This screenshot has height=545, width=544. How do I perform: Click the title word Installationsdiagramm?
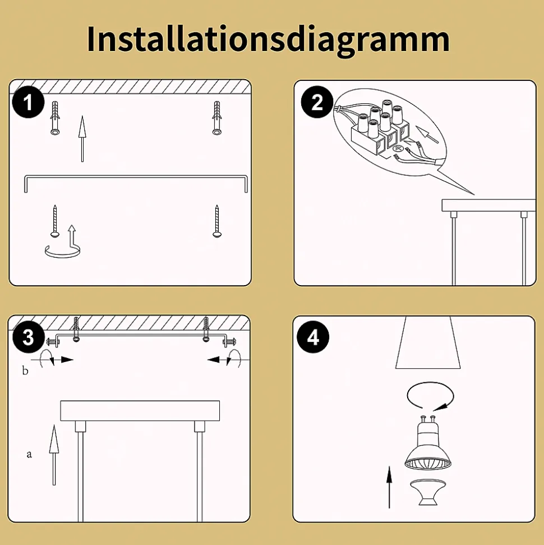point(268,39)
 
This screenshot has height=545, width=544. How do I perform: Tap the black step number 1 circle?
point(28,102)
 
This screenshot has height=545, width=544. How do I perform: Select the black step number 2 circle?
point(317,102)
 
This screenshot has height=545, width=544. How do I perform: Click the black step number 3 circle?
point(28,337)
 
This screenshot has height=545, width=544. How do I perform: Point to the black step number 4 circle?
point(314,337)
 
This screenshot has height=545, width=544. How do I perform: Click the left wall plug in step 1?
point(55,118)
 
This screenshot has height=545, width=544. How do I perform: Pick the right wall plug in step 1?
point(217,118)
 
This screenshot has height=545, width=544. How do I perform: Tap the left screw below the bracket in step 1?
point(55,221)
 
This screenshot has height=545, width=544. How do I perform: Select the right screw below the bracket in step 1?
point(217,221)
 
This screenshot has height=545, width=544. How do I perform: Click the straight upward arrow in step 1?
point(82,139)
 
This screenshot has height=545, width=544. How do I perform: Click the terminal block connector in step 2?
point(381,130)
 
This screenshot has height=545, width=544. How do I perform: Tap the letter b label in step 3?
point(25,370)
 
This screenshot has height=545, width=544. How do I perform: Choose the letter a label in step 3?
point(29,454)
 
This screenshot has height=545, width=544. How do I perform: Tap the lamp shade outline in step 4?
point(428,342)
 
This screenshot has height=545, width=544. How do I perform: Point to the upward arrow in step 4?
point(389,487)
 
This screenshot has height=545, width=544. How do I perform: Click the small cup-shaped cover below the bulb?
point(428,493)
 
